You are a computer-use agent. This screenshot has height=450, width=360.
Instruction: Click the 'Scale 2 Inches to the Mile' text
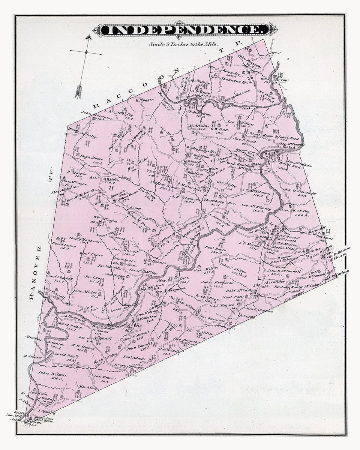point(183,44)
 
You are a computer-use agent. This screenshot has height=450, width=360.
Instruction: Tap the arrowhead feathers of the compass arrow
point(79,91)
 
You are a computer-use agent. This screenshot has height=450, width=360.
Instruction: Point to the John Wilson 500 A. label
point(53,376)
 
